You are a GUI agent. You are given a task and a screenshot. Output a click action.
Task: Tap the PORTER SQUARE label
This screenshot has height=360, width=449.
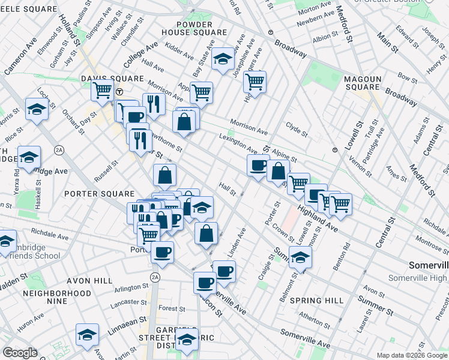(x=98, y=194)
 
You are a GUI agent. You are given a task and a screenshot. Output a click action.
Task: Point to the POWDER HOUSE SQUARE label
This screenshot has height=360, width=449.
(x=193, y=27)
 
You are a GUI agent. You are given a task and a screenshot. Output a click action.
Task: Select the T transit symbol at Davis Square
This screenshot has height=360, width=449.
(x=119, y=92)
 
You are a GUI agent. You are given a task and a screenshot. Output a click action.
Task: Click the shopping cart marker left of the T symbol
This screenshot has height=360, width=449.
(x=102, y=91)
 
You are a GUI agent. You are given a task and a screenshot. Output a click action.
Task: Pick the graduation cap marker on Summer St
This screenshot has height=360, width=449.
(x=300, y=257)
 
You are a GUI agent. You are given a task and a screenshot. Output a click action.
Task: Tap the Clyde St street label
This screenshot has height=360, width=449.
(x=297, y=129)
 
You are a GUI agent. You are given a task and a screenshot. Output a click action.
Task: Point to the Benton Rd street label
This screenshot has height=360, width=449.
(x=344, y=253)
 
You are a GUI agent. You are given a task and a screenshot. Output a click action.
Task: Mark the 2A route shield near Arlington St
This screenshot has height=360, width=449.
(x=155, y=277)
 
